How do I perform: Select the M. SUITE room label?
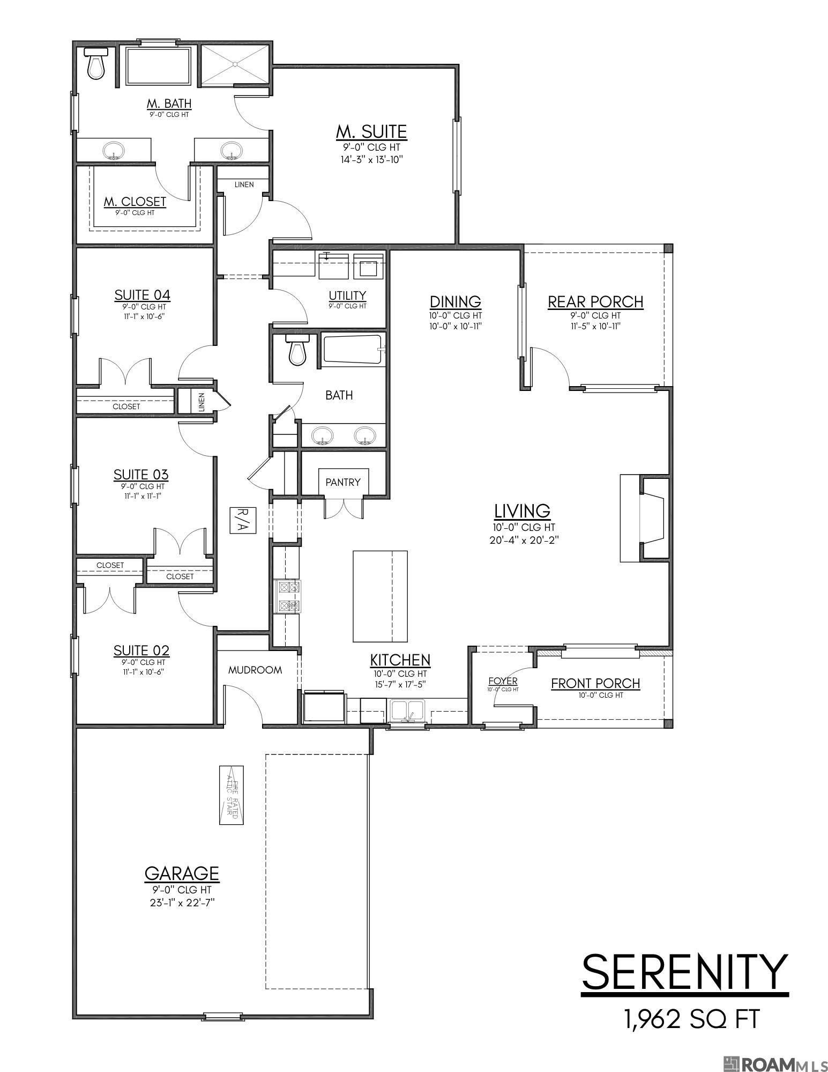(371, 131)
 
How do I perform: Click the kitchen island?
(379, 596)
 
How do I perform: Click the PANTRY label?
(343, 482)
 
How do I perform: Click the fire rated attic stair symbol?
(232, 794)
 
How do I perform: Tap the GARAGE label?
(182, 873)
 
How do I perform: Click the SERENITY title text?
(685, 972)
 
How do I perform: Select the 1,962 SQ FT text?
(691, 1018)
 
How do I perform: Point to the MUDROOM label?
(255, 670)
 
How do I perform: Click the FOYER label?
(503, 681)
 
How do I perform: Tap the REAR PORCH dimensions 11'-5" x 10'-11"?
(595, 326)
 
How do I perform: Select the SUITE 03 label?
(141, 475)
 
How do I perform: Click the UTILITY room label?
(347, 295)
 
